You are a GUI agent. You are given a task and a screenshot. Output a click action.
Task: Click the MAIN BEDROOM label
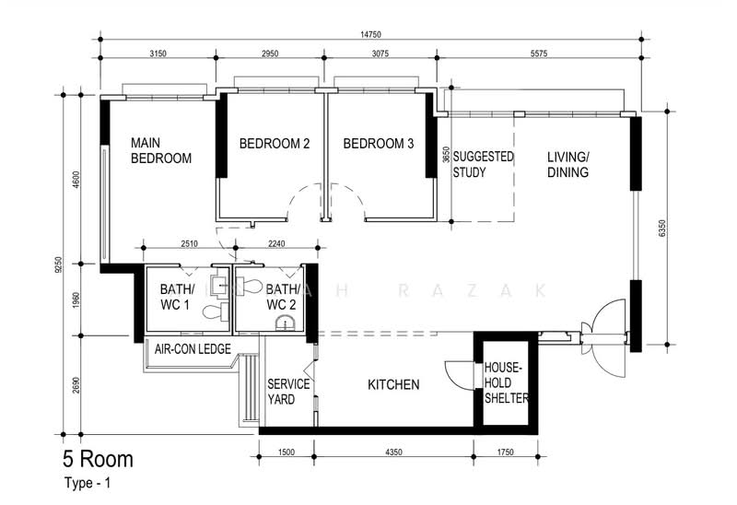pyautogui.click(x=160, y=150)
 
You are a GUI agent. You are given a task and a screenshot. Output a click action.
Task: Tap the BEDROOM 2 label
pyautogui.click(x=275, y=144)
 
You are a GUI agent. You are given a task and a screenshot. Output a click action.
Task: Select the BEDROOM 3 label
pyautogui.click(x=379, y=144)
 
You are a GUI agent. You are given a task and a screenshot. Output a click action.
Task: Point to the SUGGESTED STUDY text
pyautogui.click(x=483, y=164)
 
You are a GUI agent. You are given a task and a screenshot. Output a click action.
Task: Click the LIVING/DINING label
pyautogui.click(x=567, y=165)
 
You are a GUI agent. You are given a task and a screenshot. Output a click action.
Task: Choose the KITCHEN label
pyautogui.click(x=393, y=384)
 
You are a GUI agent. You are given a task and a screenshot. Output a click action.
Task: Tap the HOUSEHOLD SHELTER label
pyautogui.click(x=506, y=382)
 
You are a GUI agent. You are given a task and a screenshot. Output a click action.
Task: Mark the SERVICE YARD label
pyautogui.click(x=288, y=392)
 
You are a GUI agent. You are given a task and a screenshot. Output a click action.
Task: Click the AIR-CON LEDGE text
pyautogui.click(x=193, y=349)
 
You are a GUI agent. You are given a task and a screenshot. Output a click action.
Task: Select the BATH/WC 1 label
pyautogui.click(x=176, y=297)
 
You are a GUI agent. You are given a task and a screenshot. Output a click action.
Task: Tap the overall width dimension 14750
pyautogui.click(x=371, y=34)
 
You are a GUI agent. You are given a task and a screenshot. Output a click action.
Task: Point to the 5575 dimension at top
pyautogui.click(x=539, y=53)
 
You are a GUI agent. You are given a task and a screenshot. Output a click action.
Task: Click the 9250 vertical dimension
pyautogui.click(x=58, y=264)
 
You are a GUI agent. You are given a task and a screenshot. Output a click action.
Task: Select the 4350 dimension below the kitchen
pyautogui.click(x=394, y=452)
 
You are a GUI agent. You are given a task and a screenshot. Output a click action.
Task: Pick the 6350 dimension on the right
pyautogui.click(x=662, y=229)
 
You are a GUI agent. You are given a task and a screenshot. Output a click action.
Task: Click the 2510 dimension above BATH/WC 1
pyautogui.click(x=189, y=243)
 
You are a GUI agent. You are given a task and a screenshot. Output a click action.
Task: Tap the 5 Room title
pyautogui.click(x=99, y=459)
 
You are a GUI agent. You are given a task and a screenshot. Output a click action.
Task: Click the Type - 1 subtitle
pyautogui.click(x=88, y=483)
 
